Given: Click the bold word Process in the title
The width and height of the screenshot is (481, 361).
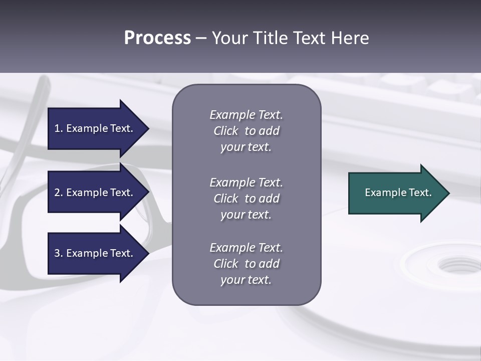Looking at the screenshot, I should [157, 38].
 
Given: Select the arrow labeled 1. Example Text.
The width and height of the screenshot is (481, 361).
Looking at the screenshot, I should [95, 128].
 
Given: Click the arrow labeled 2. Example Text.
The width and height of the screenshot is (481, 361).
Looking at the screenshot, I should [95, 193].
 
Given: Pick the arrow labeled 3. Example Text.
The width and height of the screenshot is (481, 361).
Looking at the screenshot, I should [95, 253].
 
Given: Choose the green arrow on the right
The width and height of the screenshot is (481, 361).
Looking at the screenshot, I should [396, 193].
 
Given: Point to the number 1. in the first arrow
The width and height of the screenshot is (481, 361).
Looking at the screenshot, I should [59, 128].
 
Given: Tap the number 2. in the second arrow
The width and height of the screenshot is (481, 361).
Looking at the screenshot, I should [59, 193].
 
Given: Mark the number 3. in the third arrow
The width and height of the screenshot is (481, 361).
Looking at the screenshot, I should [59, 253].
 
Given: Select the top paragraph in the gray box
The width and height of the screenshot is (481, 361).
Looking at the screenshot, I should [246, 131].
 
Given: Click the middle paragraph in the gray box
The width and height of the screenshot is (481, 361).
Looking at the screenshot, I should [246, 199].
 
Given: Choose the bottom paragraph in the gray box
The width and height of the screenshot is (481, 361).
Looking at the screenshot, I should [246, 264].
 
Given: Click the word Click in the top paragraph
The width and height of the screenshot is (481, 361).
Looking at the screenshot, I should [225, 131].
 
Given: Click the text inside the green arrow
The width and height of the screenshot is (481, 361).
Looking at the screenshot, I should [398, 193].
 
